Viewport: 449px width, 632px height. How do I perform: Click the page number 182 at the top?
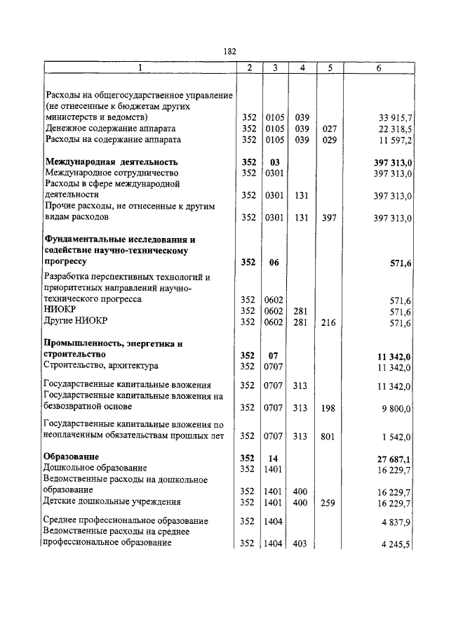229,51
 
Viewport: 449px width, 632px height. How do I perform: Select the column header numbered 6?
378,68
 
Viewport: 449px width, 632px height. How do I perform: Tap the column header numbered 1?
140,68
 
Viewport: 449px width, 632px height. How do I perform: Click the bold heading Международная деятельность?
112,162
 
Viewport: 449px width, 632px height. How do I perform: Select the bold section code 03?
274,162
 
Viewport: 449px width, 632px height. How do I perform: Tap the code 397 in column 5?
326,218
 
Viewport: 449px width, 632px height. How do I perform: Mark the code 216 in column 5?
326,322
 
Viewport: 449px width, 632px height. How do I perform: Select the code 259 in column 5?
326,502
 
